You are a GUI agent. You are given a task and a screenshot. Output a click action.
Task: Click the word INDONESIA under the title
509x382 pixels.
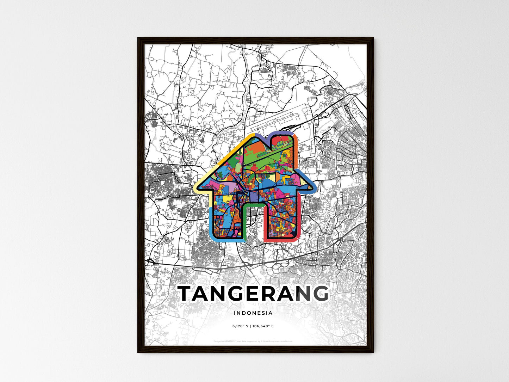pyautogui.click(x=253, y=313)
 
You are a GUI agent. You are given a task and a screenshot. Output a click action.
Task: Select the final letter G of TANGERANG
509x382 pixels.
pyautogui.click(x=320, y=294)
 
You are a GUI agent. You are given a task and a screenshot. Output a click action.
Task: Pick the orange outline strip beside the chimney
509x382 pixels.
pyautogui.click(x=297, y=152)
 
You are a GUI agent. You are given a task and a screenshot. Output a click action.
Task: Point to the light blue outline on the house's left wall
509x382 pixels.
pyautogui.click(x=210, y=218)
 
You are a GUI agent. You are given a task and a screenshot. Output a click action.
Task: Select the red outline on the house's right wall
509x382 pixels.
pyautogui.click(x=299, y=218)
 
